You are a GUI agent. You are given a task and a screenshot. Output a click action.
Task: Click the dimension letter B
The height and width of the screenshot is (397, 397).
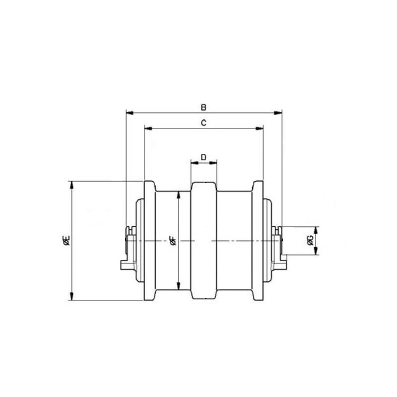tap(203, 107)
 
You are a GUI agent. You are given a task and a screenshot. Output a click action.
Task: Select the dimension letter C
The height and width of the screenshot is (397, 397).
tap(203, 123)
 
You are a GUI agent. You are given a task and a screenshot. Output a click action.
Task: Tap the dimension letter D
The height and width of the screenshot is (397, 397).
tap(203, 157)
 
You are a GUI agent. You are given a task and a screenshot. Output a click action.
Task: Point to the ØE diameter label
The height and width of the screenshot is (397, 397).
tap(66, 240)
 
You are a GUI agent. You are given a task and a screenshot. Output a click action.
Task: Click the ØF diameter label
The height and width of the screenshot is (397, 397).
tap(173, 240)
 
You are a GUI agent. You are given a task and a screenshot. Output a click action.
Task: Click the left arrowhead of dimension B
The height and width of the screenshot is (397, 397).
tap(130, 113)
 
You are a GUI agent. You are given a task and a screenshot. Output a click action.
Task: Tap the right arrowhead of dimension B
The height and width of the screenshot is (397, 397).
tap(278, 113)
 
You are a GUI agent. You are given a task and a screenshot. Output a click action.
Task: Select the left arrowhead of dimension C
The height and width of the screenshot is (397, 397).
tap(148, 129)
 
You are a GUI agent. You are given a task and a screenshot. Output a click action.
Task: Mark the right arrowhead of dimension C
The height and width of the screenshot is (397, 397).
tap(260, 129)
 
